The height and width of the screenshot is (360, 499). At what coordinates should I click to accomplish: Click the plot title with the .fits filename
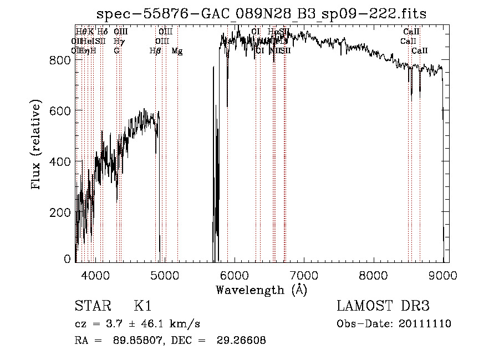click(x=261, y=14)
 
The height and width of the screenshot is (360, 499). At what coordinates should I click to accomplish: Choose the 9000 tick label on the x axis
click(x=442, y=276)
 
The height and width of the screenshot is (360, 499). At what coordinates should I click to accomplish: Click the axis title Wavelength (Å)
click(x=261, y=290)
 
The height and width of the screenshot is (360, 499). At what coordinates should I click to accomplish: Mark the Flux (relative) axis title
click(x=37, y=145)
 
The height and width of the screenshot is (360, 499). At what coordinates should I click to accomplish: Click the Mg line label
click(x=177, y=51)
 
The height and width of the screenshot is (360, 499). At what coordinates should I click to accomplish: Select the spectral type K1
click(x=143, y=306)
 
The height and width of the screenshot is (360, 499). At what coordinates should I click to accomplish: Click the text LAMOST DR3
click(x=383, y=306)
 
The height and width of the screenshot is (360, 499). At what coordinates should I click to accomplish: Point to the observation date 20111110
click(x=425, y=324)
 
